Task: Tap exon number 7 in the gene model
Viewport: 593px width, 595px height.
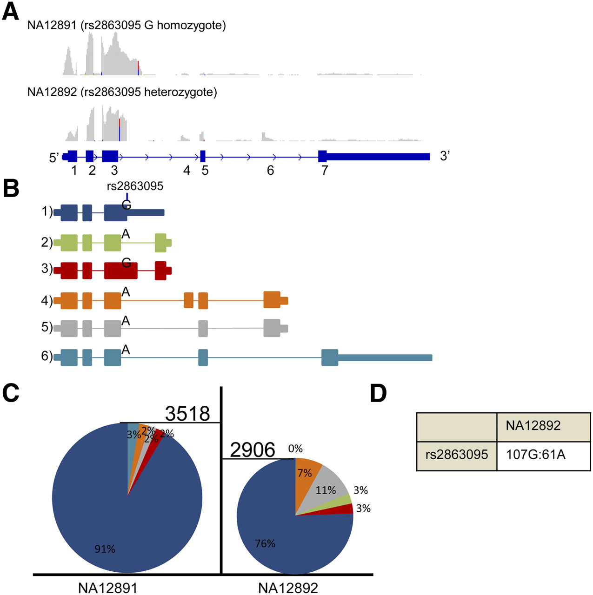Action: point(325,171)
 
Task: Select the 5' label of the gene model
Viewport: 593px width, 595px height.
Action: point(54,158)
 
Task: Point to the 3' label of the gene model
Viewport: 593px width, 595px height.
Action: point(445,156)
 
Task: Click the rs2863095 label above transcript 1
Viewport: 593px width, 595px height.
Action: point(135,186)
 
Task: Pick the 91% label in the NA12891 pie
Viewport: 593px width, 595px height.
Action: point(105,549)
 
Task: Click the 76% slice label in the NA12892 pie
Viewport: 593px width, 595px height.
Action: point(265,543)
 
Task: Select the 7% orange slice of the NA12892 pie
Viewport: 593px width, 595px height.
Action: point(305,473)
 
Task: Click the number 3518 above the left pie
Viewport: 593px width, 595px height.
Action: point(187,413)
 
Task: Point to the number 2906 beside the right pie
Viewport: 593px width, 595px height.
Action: point(253,450)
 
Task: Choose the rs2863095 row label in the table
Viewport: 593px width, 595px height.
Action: point(457,454)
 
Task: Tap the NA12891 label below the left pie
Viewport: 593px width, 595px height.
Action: point(108,588)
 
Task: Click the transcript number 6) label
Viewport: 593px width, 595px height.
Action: point(47,356)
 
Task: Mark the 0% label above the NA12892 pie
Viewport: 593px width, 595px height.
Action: point(295,449)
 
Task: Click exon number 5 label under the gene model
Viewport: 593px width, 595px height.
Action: point(205,171)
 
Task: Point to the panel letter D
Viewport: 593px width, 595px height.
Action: point(379,394)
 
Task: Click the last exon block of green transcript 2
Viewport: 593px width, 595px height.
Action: point(161,243)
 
